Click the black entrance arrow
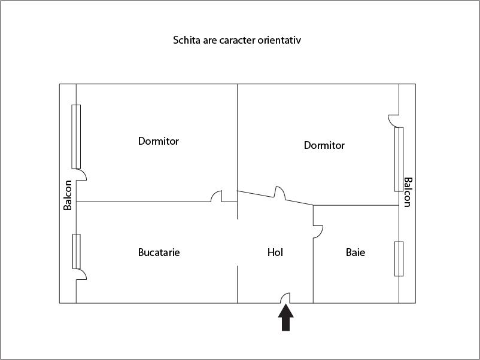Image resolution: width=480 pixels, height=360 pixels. [286, 318]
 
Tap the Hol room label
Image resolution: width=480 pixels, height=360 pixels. [275, 252]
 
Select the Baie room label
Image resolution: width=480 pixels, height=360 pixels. [356, 252]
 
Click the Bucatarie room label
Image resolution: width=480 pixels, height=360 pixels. [159, 252]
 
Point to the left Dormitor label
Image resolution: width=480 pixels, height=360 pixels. [159, 141]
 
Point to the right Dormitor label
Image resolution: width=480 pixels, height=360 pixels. [324, 145]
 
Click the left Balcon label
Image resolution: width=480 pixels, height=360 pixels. [68, 195]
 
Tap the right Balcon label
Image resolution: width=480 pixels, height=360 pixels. [408, 191]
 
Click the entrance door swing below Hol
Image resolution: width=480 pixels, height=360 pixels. [286, 298]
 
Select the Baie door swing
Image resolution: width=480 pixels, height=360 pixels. [318, 230]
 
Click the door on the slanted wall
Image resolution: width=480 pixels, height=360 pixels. [280, 193]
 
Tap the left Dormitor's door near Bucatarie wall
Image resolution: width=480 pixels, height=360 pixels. [217, 197]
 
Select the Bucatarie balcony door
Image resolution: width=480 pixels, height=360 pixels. [81, 274]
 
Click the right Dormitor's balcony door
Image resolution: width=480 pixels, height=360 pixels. [394, 120]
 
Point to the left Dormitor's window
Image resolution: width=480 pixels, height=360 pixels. [76, 137]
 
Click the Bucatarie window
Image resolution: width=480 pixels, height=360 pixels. [76, 251]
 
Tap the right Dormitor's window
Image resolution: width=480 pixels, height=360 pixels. [399, 159]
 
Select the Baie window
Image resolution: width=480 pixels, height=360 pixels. [399, 258]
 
